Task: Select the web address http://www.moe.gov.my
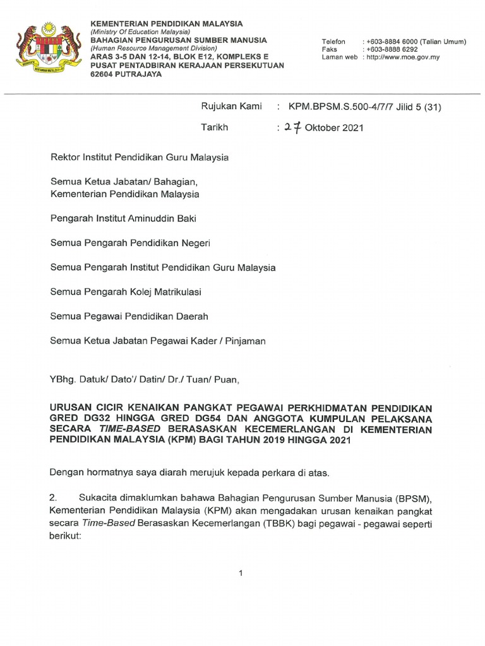tap(411, 57)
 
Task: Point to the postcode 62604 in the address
tap(104, 74)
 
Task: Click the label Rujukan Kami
tap(231, 107)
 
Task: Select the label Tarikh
tap(214, 127)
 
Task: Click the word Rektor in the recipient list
tap(66, 157)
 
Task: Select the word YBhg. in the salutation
tap(63, 380)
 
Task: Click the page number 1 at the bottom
tap(241, 573)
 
